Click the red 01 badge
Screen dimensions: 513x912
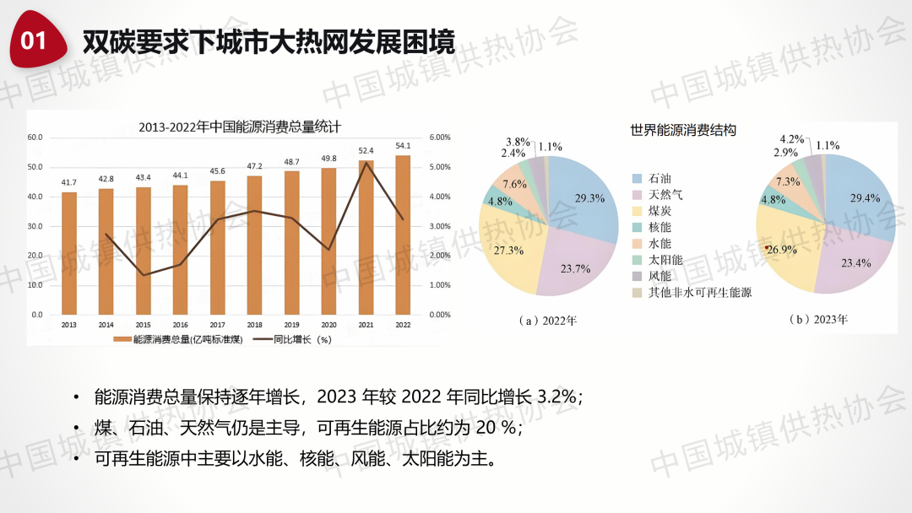(35, 40)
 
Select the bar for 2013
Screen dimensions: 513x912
(69, 253)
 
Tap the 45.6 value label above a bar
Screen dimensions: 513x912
(217, 171)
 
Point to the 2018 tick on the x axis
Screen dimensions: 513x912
(254, 324)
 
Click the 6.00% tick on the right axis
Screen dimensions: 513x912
(440, 138)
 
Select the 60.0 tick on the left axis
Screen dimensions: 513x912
(35, 138)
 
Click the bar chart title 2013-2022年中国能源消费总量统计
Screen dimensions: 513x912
(239, 127)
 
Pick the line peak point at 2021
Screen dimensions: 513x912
(366, 163)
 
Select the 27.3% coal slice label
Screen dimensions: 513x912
(508, 251)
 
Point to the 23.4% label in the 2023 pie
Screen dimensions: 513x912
(855, 263)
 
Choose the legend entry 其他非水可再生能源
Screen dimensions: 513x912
(699, 293)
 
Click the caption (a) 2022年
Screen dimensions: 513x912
(548, 321)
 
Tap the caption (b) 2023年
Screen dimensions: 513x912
(820, 320)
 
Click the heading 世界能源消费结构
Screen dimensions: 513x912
(683, 131)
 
